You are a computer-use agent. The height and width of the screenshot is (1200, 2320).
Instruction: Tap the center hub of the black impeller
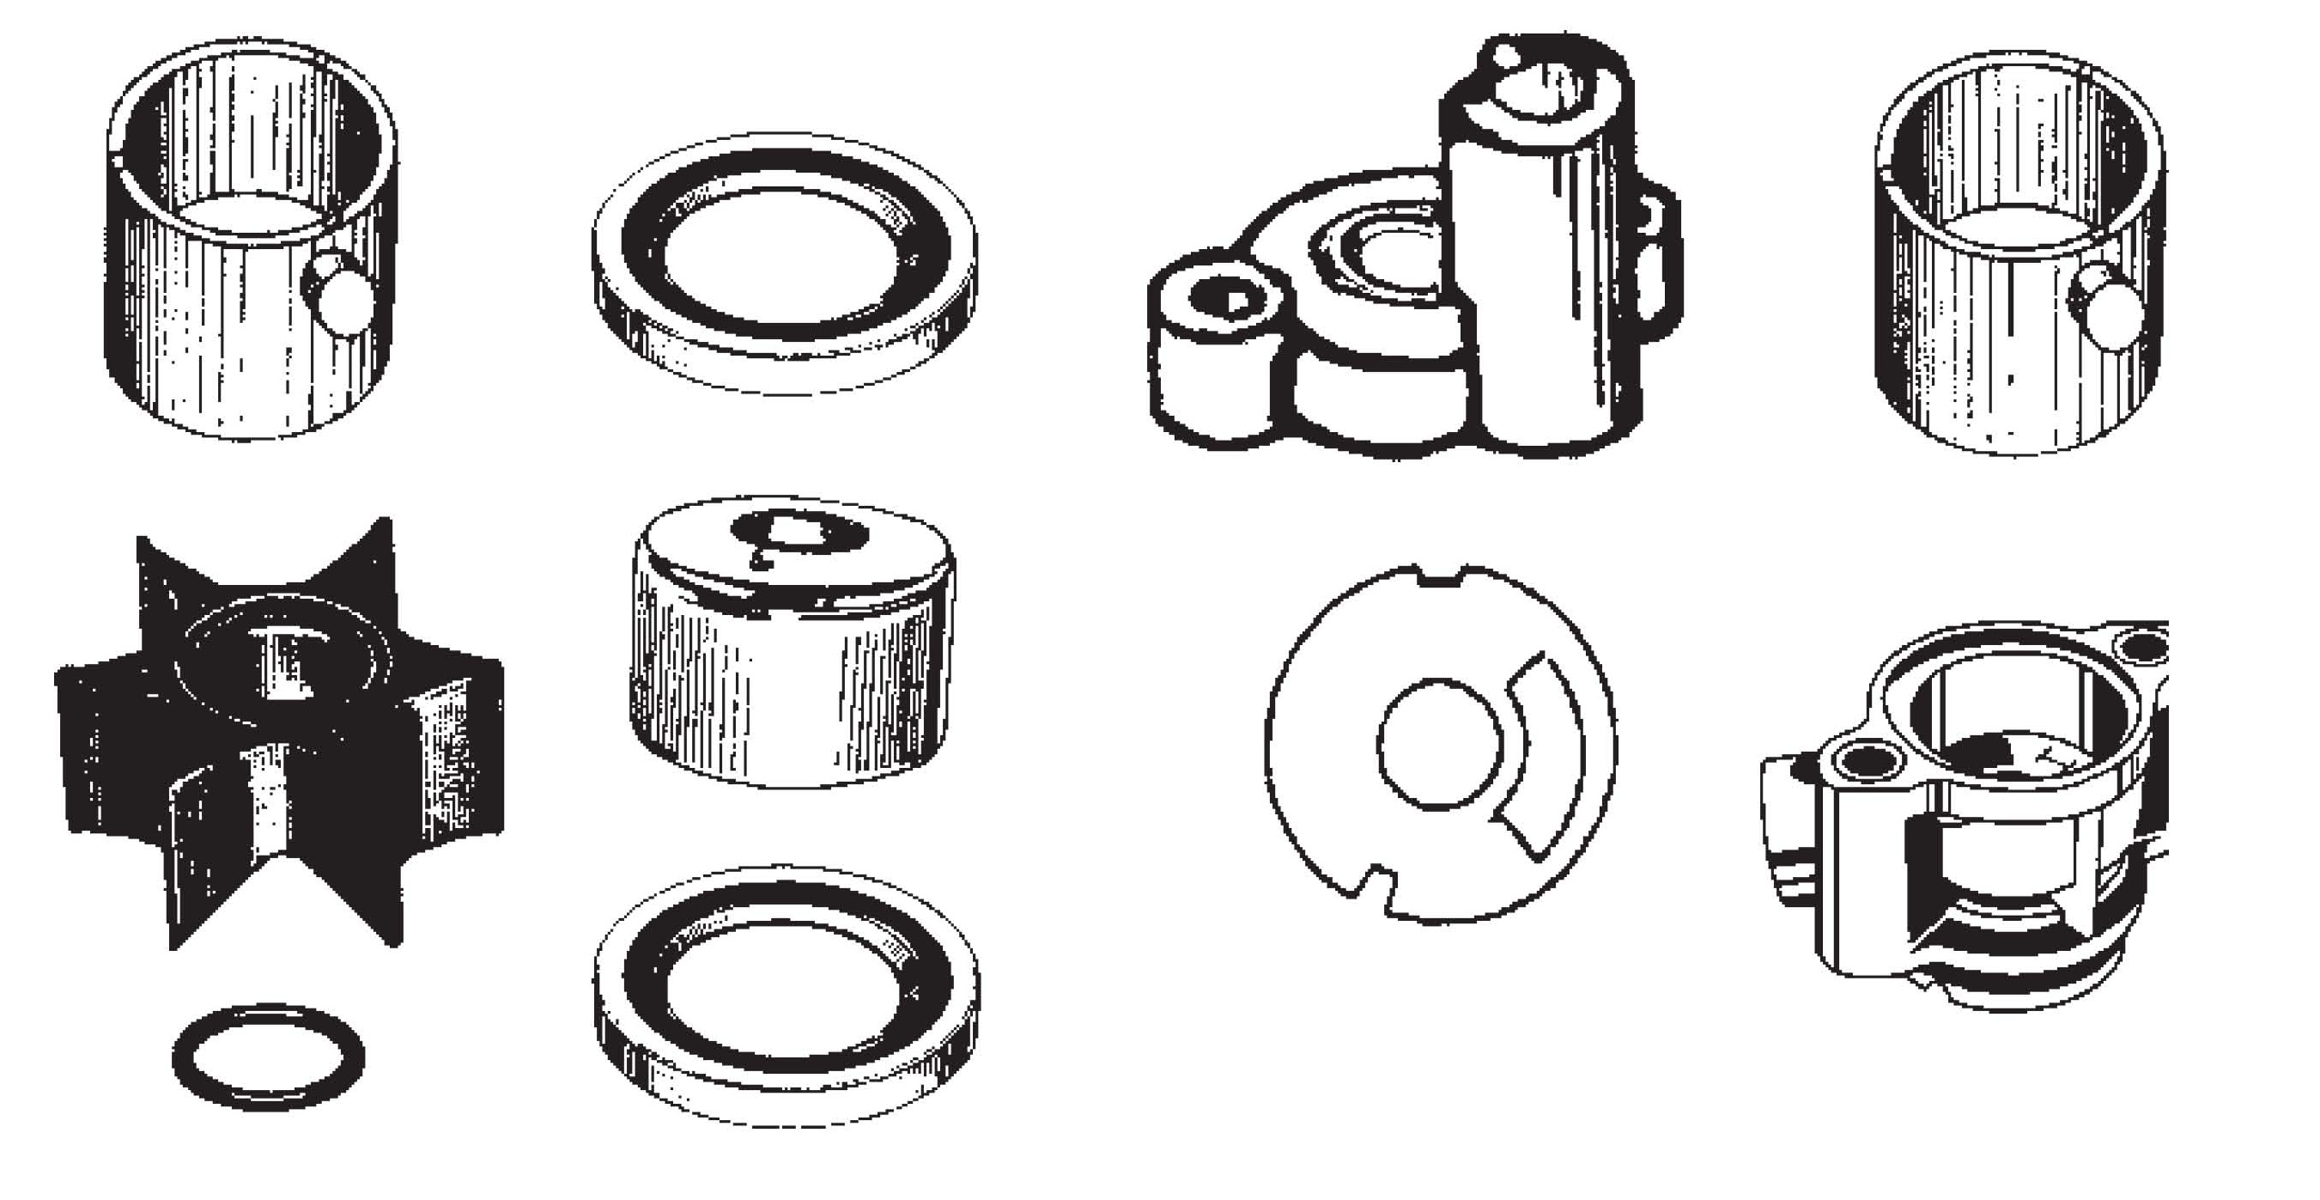click(287, 662)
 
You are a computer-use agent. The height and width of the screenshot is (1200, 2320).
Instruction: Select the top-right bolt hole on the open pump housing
click(2144, 647)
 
